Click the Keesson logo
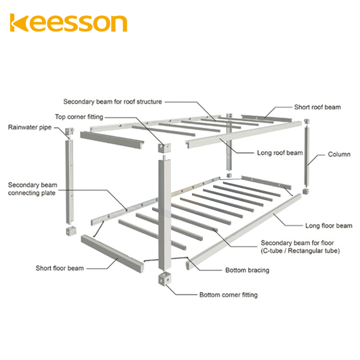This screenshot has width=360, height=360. click(69, 23)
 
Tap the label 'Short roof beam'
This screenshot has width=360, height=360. click(317, 107)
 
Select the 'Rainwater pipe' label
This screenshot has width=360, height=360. click(30, 127)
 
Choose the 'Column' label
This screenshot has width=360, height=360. click(339, 155)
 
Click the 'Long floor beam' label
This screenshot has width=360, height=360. click(329, 225)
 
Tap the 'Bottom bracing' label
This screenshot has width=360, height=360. click(247, 270)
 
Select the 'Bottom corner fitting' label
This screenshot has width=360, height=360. click(228, 294)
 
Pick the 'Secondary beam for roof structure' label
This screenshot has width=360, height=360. click(113, 102)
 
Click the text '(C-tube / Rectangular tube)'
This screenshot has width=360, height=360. click(300, 251)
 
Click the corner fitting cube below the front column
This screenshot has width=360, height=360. click(164, 278)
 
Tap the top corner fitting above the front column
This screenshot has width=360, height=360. click(164, 148)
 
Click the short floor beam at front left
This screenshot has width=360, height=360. click(112, 252)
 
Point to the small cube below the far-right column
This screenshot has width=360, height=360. click(306, 192)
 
